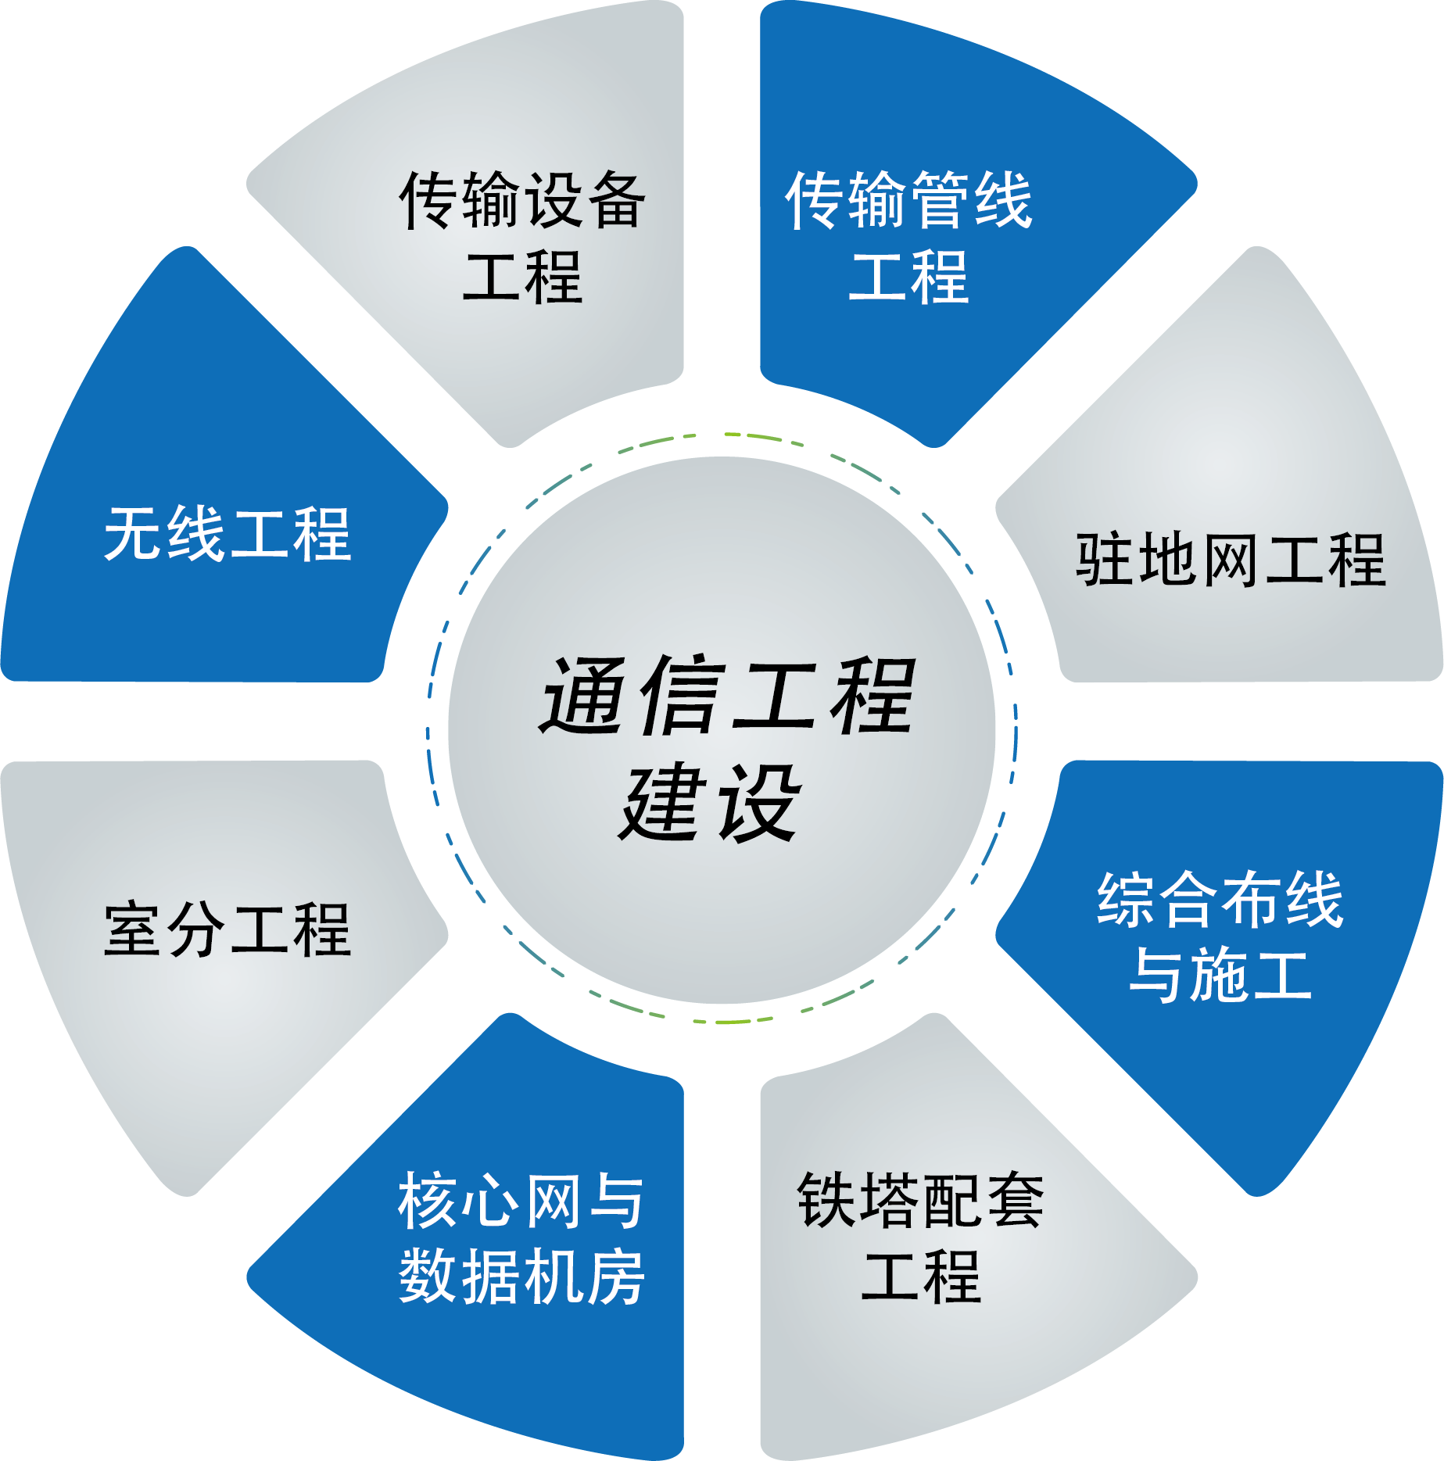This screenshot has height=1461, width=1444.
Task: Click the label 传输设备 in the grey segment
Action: (x=522, y=201)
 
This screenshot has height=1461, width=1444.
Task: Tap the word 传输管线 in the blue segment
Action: (x=908, y=201)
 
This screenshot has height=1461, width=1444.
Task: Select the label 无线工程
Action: (x=228, y=535)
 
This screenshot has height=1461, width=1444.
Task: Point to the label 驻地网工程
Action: (x=1231, y=560)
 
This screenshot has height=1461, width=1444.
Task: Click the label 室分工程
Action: (x=228, y=929)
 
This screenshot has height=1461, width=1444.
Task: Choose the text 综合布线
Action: (x=1220, y=901)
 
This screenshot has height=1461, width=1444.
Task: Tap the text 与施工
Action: (x=1220, y=975)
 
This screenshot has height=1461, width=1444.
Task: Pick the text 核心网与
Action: (x=521, y=1200)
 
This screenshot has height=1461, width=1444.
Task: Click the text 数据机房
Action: (x=521, y=1276)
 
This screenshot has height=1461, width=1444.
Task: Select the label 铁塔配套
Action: (x=921, y=1200)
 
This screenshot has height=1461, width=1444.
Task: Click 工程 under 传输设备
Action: (x=522, y=278)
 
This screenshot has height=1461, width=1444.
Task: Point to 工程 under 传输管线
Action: (x=908, y=278)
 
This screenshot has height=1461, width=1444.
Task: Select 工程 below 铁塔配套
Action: (x=921, y=1276)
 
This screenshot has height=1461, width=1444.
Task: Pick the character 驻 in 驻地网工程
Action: (x=1105, y=560)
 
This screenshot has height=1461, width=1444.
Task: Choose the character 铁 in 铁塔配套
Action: (x=827, y=1200)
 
